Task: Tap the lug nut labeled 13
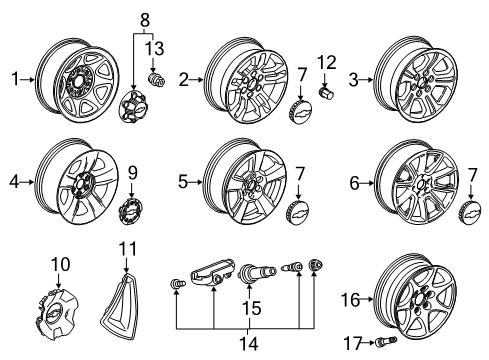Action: (x=154, y=78)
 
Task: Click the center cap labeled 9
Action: (x=129, y=214)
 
